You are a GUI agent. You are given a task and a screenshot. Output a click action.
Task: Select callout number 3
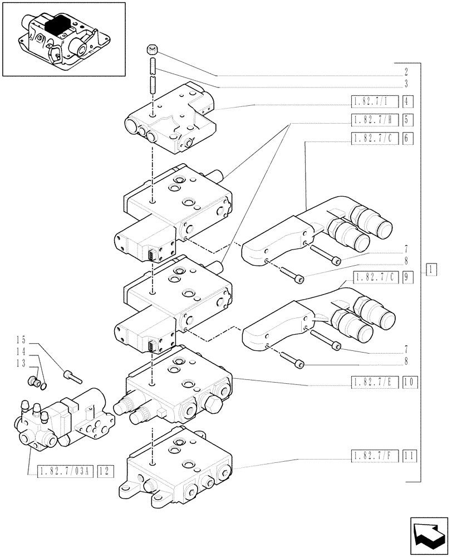point(407,84)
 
